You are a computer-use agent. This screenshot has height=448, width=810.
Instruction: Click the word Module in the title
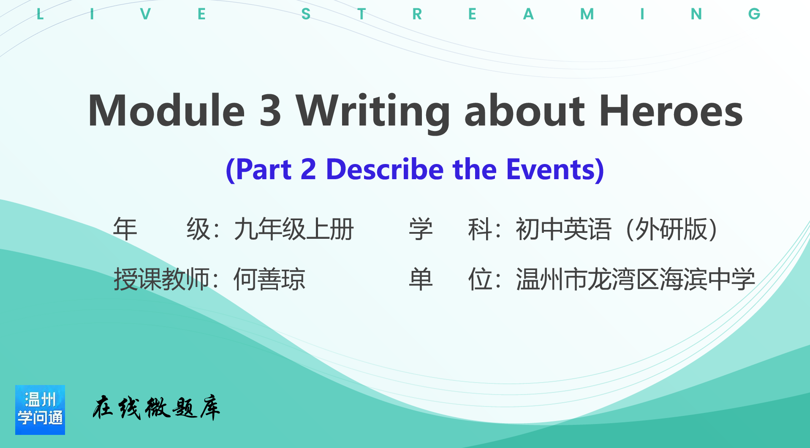166,110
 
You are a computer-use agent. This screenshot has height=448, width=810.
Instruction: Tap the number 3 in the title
270,110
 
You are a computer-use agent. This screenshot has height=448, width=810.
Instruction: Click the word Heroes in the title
671,110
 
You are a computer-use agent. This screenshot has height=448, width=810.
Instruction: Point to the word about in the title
525,110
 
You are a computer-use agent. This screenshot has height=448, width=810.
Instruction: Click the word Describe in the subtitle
385,169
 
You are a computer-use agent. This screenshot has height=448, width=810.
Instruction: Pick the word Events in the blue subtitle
550,169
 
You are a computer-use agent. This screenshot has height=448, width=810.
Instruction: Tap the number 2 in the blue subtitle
308,169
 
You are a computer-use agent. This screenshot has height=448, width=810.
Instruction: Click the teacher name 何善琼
269,279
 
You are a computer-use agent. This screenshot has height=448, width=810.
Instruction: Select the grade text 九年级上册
294,229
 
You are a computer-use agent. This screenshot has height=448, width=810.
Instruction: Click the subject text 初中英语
563,229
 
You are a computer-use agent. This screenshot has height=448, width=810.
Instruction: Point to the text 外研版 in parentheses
671,229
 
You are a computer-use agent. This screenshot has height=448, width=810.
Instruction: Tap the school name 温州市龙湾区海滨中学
635,279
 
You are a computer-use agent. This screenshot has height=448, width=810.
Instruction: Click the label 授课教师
162,279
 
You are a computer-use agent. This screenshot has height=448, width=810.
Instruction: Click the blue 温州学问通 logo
40,410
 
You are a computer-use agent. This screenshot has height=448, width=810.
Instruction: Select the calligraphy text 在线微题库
156,408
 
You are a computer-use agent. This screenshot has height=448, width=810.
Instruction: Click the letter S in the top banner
306,14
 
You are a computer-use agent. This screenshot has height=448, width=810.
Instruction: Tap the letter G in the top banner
754,14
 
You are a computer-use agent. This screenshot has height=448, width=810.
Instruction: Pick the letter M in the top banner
587,14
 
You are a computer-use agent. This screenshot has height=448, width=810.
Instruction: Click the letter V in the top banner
145,14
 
